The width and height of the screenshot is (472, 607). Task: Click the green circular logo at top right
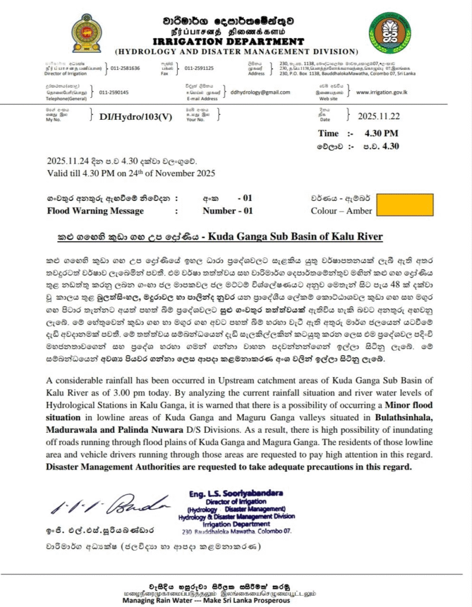click(x=390, y=33)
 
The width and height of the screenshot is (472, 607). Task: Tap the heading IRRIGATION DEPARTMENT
click(x=236, y=41)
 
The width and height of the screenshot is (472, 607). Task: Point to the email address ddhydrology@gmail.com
click(x=260, y=92)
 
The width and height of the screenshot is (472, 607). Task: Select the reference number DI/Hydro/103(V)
click(x=136, y=117)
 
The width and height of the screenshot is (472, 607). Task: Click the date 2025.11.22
click(x=379, y=116)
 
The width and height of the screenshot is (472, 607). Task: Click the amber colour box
click(x=403, y=205)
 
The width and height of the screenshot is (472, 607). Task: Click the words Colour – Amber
click(x=342, y=210)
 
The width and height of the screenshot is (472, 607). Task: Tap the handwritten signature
click(x=106, y=504)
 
